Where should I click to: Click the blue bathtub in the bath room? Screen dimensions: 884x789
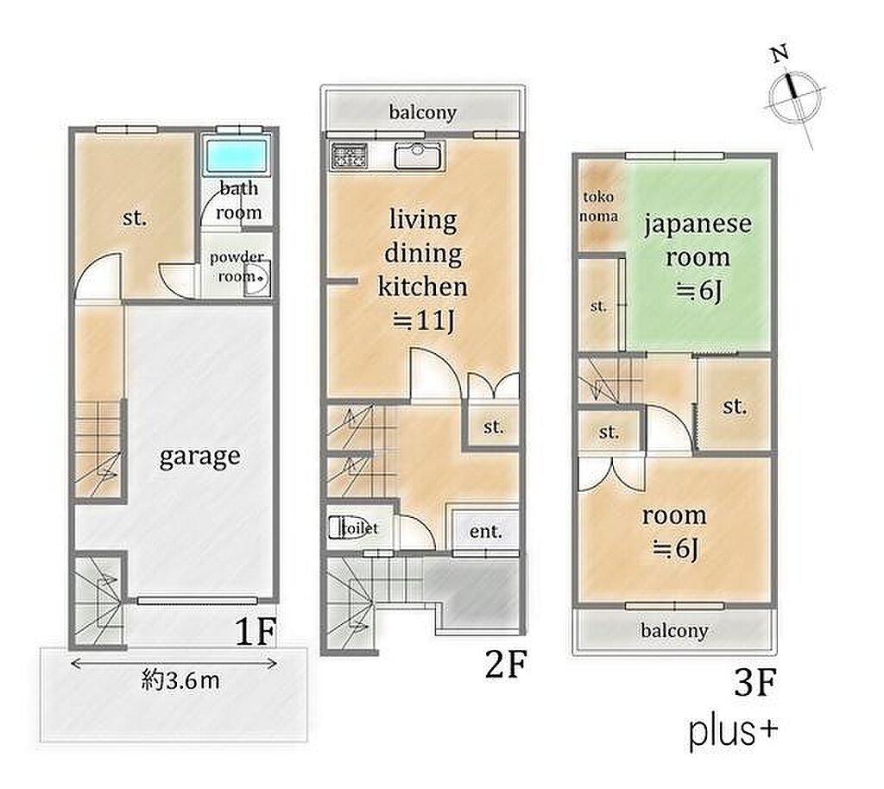click(237, 155)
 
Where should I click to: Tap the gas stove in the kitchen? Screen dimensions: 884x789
click(349, 155)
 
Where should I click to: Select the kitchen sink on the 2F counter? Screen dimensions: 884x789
click(420, 155)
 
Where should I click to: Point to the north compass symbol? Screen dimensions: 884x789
click(794, 95)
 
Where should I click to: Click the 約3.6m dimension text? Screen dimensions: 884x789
click(180, 681)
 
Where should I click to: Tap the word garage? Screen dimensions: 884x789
click(199, 457)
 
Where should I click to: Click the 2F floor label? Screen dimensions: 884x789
click(506, 664)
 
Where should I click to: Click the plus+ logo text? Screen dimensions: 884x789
click(733, 731)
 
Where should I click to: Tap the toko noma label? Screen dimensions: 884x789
click(598, 206)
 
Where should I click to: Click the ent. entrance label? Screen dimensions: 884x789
click(485, 531)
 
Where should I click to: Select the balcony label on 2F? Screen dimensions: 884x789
click(422, 111)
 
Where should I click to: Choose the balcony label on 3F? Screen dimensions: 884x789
click(674, 630)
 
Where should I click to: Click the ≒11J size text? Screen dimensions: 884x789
click(423, 320)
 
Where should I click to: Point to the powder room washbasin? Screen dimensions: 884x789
click(257, 281)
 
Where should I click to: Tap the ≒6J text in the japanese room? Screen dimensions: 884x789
click(698, 291)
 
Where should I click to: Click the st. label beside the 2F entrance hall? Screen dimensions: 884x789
click(493, 426)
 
